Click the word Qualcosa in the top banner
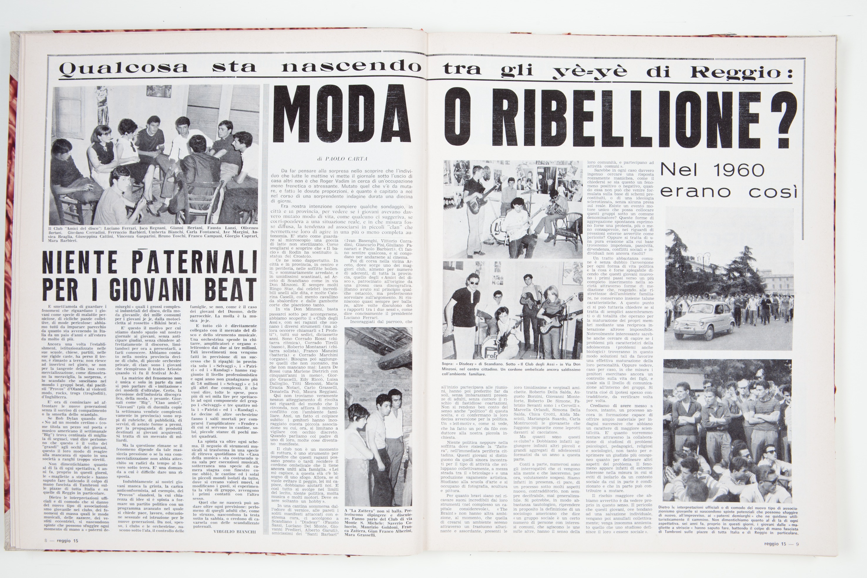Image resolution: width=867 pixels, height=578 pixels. click(124, 68)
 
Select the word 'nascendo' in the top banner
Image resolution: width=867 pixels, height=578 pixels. click(351, 67)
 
